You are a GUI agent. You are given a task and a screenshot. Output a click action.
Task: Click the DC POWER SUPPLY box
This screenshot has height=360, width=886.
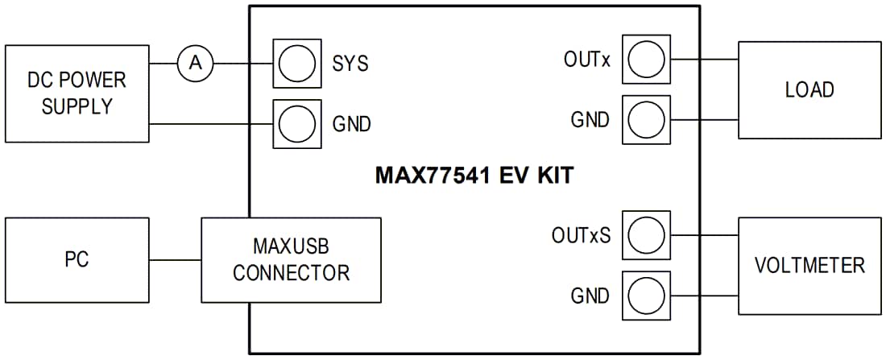tap(77, 93)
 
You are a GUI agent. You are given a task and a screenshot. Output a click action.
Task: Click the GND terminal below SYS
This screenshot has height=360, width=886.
tap(296, 124)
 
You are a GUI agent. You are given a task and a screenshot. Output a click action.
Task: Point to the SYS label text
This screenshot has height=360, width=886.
tap(350, 64)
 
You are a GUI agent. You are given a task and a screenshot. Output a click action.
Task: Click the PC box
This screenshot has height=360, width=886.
tap(77, 259)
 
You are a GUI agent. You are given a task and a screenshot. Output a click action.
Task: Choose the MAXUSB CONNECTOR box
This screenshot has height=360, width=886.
tap(291, 259)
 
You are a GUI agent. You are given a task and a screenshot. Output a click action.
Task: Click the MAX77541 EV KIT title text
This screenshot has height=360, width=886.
tap(474, 176)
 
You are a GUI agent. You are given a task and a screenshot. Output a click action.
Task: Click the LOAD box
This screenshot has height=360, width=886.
tap(809, 89)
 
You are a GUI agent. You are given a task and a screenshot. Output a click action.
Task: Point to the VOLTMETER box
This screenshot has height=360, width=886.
tap(809, 266)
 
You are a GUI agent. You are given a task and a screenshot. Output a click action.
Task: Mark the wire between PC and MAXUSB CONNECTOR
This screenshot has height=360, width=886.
tap(175, 259)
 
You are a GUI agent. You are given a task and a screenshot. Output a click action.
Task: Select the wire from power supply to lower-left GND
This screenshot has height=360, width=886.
tap(211, 124)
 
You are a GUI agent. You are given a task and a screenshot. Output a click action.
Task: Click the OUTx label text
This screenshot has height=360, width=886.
tap(587, 59)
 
